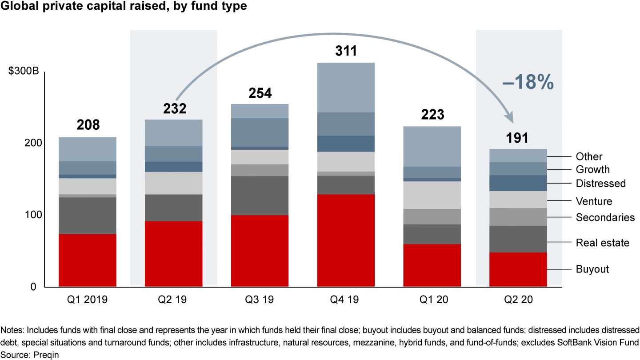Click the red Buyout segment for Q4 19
tap(346, 240)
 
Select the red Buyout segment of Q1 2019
tap(88, 260)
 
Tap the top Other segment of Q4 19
tap(346, 87)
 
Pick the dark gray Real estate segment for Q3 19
tap(260, 196)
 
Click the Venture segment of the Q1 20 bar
tap(432, 195)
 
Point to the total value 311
tap(346, 51)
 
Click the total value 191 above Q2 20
tap(518, 138)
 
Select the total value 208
tap(88, 125)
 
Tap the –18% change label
tap(528, 83)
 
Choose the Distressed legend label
tap(600, 184)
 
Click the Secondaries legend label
tap(605, 217)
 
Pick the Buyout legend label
tap(592, 269)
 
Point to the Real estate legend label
tap(602, 243)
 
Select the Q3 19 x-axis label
tap(260, 300)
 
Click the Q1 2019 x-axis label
tap(88, 300)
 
